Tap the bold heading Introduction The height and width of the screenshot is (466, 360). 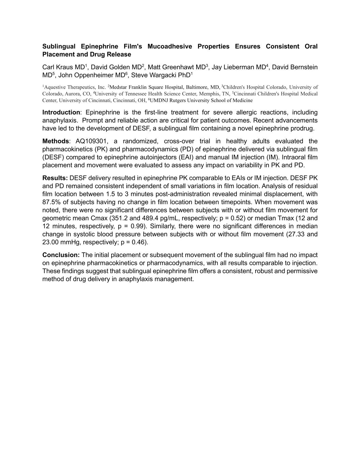tap(61, 113)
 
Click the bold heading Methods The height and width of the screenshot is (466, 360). tap(56, 141)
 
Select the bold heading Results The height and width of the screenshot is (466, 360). tap(55, 178)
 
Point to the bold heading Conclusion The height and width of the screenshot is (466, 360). tap(61, 255)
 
